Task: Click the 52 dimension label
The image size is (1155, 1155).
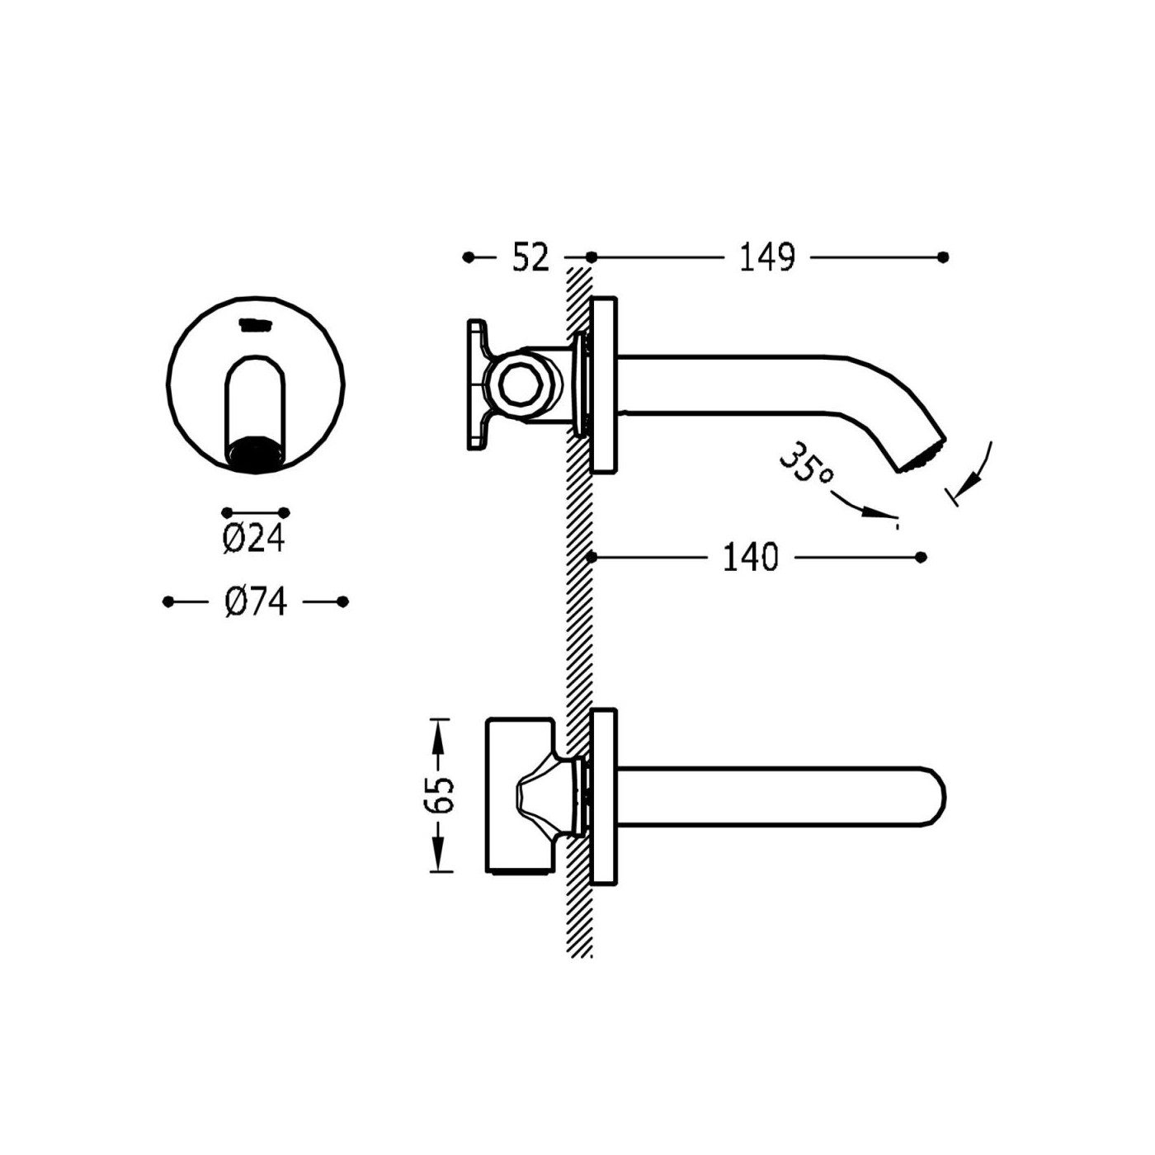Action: (530, 258)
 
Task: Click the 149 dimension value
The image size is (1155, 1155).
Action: (767, 257)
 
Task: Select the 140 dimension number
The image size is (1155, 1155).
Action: (751, 558)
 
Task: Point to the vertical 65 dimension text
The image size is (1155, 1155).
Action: (444, 794)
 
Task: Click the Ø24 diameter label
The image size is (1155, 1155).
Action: (253, 540)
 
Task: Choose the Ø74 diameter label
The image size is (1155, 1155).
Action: (256, 601)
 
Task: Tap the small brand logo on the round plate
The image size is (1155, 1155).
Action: (255, 324)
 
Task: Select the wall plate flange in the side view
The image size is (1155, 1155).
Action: (604, 385)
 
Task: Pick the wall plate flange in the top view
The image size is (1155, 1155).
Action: (604, 797)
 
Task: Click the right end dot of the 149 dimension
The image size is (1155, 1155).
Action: (943, 257)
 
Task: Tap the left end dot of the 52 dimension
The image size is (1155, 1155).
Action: (469, 257)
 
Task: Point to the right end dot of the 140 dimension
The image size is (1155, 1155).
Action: (922, 558)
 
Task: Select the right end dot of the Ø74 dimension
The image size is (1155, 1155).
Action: (342, 601)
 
